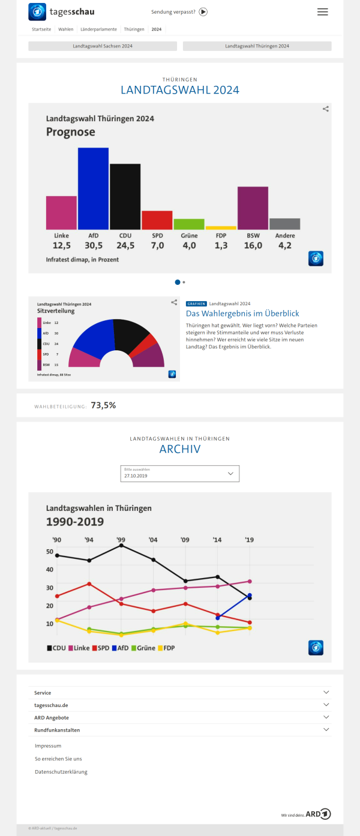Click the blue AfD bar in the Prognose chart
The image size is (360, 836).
pyautogui.click(x=93, y=188)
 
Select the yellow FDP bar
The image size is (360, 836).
pyautogui.click(x=221, y=228)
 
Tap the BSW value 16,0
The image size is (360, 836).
pyautogui.click(x=253, y=245)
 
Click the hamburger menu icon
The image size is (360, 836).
pyautogui.click(x=323, y=12)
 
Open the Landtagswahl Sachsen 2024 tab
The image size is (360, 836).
pyautogui.click(x=103, y=46)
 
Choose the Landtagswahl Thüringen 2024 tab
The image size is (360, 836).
pyautogui.click(x=257, y=46)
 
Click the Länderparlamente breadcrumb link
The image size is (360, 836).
pyautogui.click(x=98, y=29)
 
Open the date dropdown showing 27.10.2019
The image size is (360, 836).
pyautogui.click(x=180, y=473)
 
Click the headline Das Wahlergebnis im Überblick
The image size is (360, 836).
pyautogui.click(x=242, y=314)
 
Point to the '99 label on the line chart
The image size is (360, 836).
pyautogui.click(x=121, y=540)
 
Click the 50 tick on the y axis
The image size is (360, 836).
pyautogui.click(x=50, y=552)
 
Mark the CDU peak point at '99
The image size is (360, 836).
pyautogui.click(x=121, y=545)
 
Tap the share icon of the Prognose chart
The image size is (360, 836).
pyautogui.click(x=325, y=109)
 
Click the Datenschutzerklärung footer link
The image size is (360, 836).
pyautogui.click(x=61, y=772)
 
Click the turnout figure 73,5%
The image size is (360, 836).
pyautogui.click(x=103, y=405)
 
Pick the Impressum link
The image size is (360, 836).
pyautogui.click(x=48, y=745)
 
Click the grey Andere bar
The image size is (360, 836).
pyautogui.click(x=284, y=224)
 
